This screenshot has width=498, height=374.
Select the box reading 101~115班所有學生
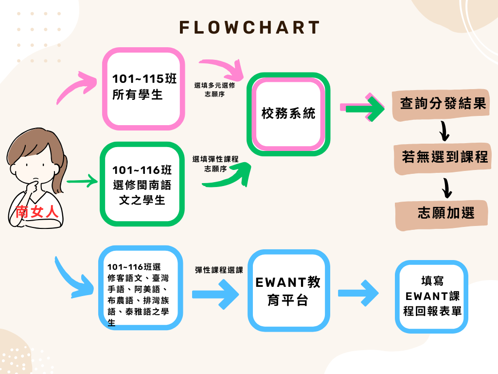tap(144, 89)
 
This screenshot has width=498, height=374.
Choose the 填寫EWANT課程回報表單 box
tap(432, 296)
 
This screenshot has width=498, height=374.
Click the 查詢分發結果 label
tap(443, 104)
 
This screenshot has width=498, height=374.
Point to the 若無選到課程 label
tap(445, 157)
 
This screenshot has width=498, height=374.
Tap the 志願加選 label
tap(445, 213)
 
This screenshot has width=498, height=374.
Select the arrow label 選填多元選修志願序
tap(214, 89)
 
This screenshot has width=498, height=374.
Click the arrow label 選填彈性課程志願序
tap(214, 164)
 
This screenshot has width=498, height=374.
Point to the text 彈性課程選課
tap(219, 269)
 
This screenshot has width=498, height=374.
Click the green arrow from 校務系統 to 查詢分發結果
tap(362, 108)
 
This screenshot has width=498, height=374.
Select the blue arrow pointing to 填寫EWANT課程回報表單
tap(358, 293)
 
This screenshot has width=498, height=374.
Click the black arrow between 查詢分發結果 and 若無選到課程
tap(444, 130)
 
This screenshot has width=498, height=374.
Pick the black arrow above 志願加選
tap(445, 186)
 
